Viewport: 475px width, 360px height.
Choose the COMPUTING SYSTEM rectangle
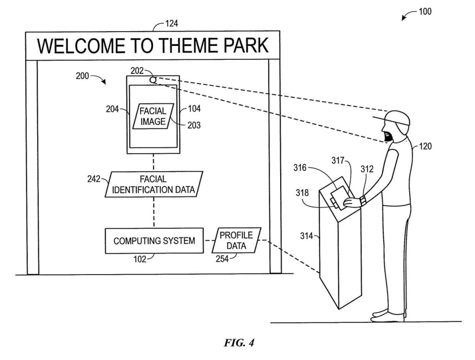click(154, 241)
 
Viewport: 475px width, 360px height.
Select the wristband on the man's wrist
click(363, 200)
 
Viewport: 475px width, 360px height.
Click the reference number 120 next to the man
click(425, 147)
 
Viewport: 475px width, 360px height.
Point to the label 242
click(94, 179)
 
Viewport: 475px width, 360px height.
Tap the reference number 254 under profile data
click(222, 259)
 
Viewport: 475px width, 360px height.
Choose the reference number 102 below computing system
click(140, 259)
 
